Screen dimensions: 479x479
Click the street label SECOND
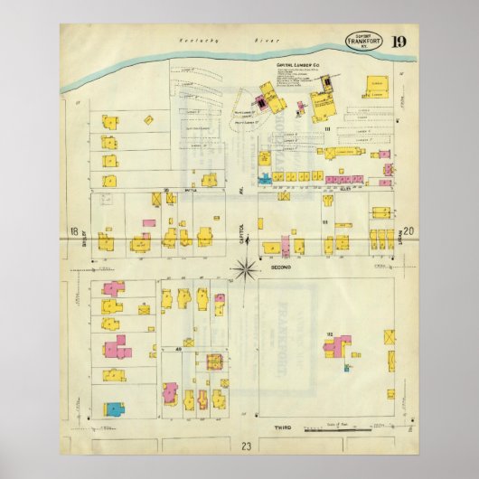coord(277,268)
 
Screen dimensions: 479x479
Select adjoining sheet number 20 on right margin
coord(409,232)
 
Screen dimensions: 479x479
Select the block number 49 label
coord(179,348)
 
